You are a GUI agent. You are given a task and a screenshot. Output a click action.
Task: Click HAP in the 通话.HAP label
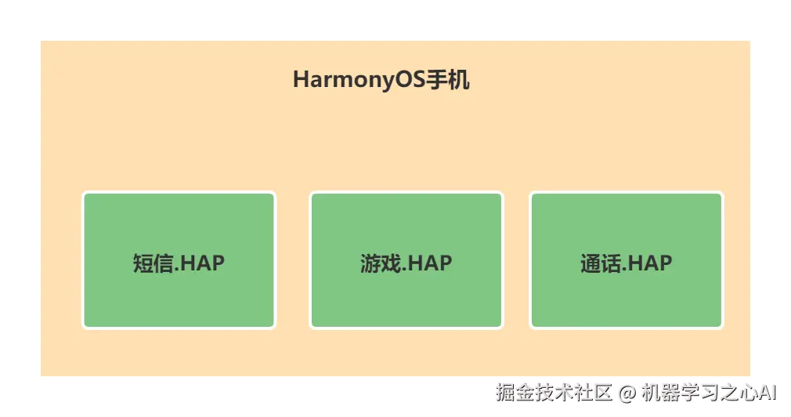point(650,263)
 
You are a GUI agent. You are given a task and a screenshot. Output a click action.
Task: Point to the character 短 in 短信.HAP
point(142,263)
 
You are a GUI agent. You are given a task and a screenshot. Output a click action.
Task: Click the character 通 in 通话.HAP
point(590,263)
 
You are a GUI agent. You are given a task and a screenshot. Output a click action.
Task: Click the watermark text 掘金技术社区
point(553,391)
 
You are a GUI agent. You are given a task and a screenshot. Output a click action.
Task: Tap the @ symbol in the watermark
point(626,391)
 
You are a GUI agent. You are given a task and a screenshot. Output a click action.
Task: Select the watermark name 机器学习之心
point(697,391)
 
